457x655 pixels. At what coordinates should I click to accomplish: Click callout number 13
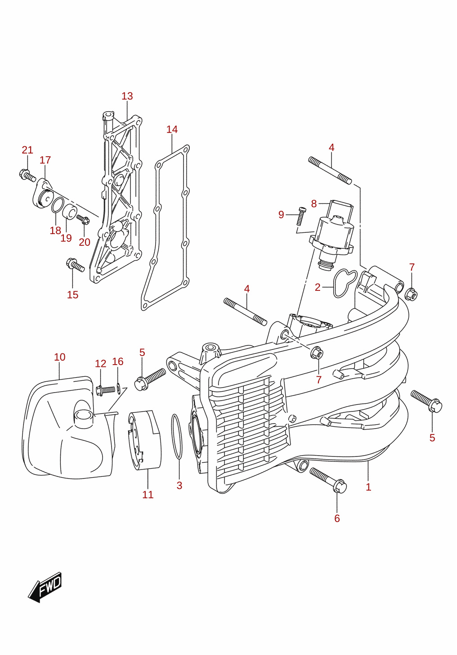click(x=127, y=96)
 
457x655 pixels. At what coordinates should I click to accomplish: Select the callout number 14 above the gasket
click(x=172, y=129)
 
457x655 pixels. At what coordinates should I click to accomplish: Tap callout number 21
click(x=27, y=150)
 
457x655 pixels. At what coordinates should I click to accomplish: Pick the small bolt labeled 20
click(x=83, y=219)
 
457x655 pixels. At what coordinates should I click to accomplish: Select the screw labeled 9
click(x=301, y=216)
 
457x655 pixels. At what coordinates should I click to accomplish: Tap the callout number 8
click(x=314, y=203)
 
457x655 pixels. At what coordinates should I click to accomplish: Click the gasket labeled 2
click(x=345, y=283)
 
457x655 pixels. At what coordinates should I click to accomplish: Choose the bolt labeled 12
click(x=105, y=390)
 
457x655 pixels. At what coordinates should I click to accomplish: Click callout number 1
click(x=368, y=487)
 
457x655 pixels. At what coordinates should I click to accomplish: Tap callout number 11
click(x=148, y=494)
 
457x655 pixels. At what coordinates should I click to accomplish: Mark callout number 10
click(x=60, y=357)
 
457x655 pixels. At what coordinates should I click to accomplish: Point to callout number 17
click(x=45, y=160)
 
